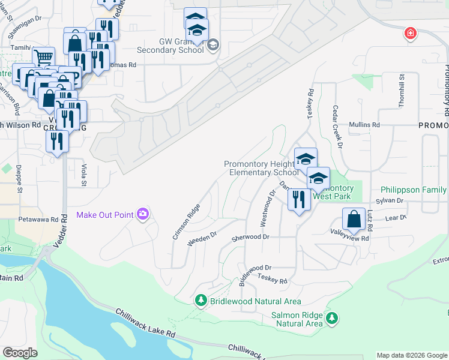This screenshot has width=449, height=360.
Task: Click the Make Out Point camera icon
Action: pos(142,214)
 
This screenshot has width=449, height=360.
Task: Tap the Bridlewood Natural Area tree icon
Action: pos(201,301)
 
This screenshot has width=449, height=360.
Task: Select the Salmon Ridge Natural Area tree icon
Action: pos(331,319)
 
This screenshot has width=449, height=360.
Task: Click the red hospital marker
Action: pos(410,34)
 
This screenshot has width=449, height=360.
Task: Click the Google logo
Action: pos(20,353)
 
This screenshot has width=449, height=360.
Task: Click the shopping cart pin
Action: pos(43,58)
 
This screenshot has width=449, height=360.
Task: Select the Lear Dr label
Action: pos(396,218)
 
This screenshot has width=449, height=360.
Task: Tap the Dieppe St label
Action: pos(19,179)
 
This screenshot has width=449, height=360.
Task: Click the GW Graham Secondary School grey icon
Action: pos(212,45)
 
